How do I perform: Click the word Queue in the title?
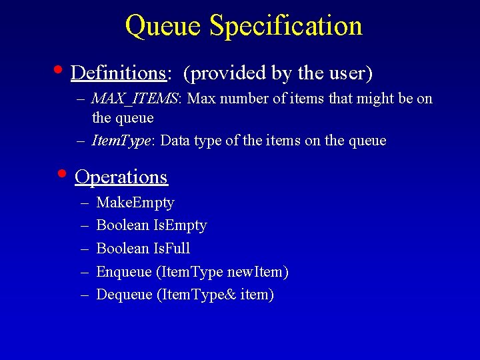pos(163,26)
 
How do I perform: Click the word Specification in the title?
pos(285,26)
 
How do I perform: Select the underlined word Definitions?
pos(118,72)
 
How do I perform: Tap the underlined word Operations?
pos(121,177)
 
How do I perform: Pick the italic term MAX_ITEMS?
pos(135,99)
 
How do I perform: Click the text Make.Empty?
pos(135,203)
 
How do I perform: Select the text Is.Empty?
pos(180,225)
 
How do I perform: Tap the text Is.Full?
pos(172,249)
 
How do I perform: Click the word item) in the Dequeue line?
pos(257,295)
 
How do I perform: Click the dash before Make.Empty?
pos(85,203)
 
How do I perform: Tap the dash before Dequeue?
pos(85,295)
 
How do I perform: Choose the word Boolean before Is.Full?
pos(123,249)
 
